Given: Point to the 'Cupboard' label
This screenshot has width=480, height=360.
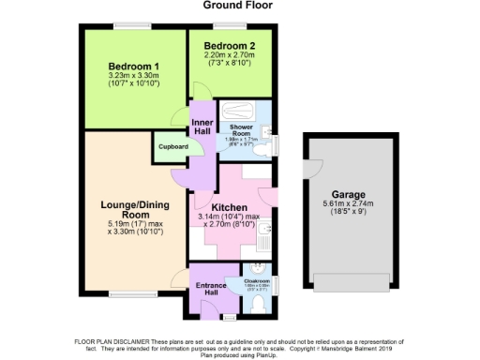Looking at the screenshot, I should (172, 146).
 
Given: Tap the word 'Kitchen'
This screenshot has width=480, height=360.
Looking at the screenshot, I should (229, 207).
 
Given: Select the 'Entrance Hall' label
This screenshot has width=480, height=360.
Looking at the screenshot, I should (205, 288).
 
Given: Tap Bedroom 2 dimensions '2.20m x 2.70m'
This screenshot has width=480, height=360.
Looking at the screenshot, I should (230, 56).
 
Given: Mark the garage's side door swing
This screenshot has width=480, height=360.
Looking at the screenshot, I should (309, 167).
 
